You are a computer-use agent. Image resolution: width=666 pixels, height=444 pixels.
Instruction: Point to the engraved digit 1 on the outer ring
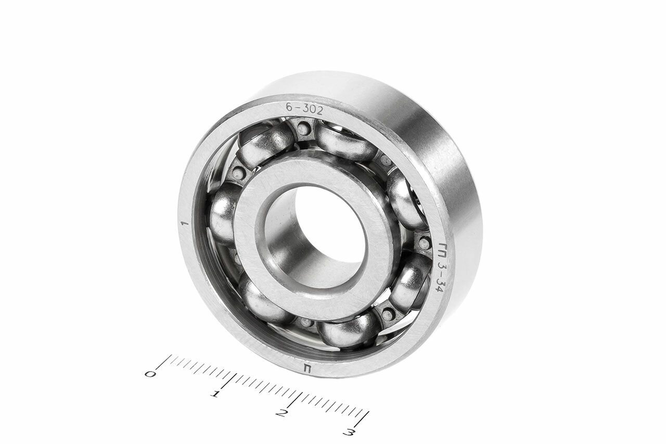click(186, 224)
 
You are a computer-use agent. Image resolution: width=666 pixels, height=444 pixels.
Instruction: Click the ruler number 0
click(149, 374)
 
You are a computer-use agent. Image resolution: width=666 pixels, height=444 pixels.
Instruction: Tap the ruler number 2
click(281, 414)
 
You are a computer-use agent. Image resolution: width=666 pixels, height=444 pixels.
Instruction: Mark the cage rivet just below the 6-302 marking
click(303, 128)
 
